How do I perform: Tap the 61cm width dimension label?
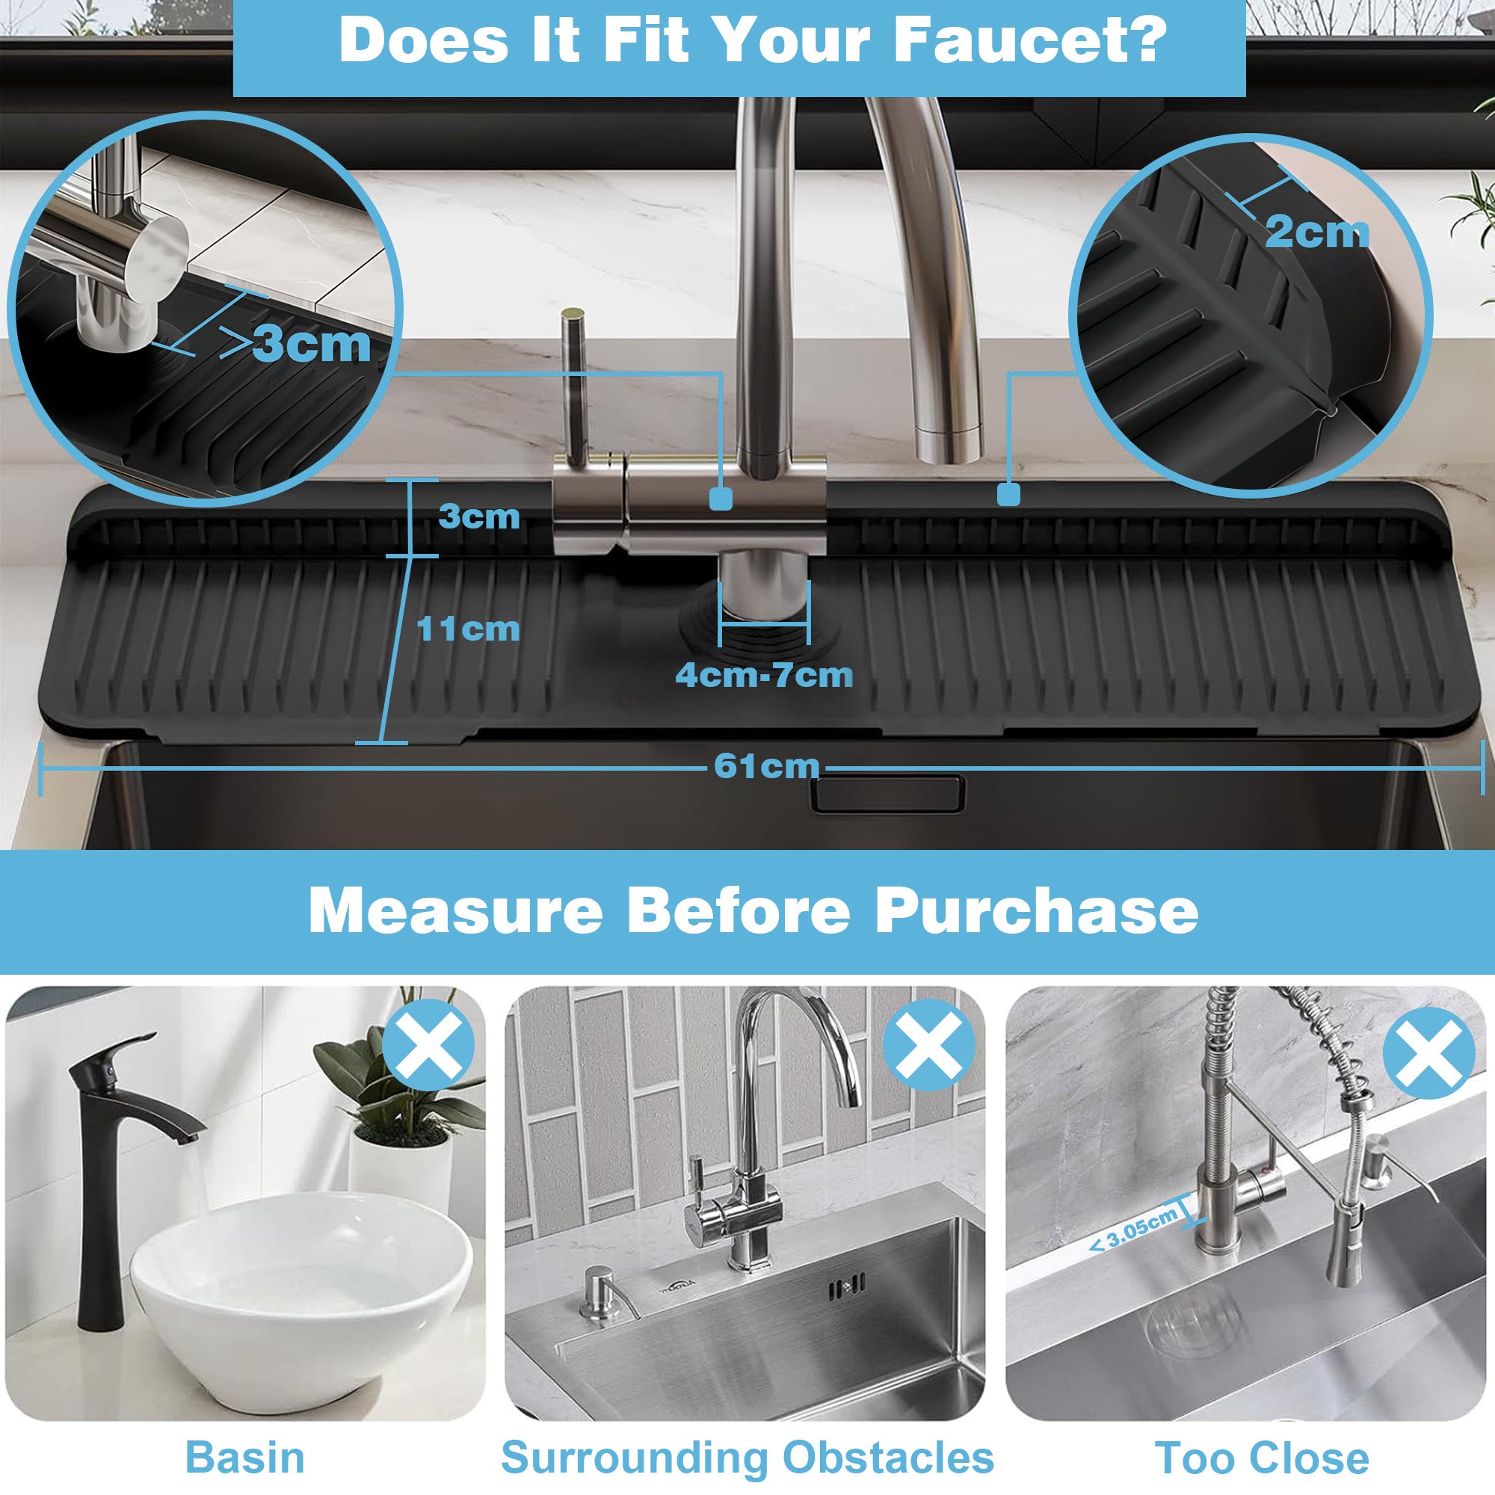pyautogui.click(x=766, y=766)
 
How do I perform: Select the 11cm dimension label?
pyautogui.click(x=468, y=629)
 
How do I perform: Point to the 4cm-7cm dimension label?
pyautogui.click(x=765, y=676)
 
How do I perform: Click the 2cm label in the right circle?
pyautogui.click(x=1316, y=232)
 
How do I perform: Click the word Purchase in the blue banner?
pyautogui.click(x=1037, y=911)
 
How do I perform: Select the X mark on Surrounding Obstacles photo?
pyautogui.click(x=928, y=1045)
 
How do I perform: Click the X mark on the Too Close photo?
pyautogui.click(x=1428, y=1052)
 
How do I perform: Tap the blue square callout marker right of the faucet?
pyautogui.click(x=1008, y=493)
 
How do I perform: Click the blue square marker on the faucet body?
pyautogui.click(x=721, y=499)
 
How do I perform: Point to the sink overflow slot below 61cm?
pyautogui.click(x=887, y=794)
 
